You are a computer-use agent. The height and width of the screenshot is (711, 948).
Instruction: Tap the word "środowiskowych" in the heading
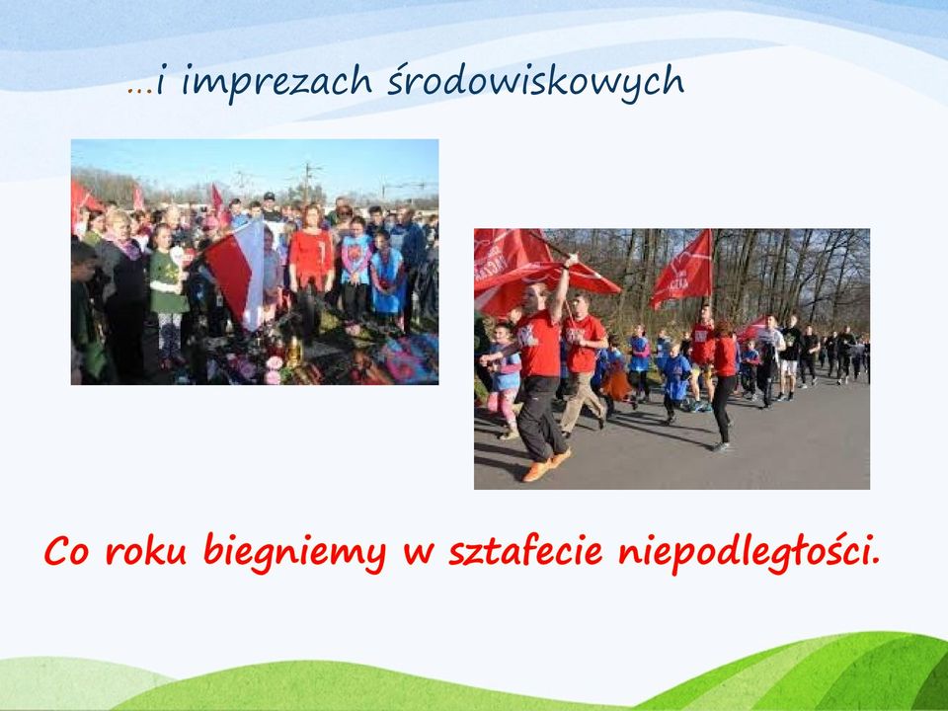pyautogui.click(x=535, y=80)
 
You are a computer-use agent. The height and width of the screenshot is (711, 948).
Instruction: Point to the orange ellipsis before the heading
pyautogui.click(x=139, y=91)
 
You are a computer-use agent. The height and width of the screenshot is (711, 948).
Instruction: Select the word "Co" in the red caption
pyautogui.click(x=66, y=551)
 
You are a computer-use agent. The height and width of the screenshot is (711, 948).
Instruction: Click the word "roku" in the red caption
pyautogui.click(x=146, y=550)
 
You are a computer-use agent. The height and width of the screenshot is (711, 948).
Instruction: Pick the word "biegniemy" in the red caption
pyautogui.click(x=294, y=553)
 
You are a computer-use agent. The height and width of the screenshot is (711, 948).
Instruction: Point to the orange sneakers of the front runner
pyautogui.click(x=546, y=464)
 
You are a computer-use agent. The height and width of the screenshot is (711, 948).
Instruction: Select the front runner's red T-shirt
pyautogui.click(x=539, y=344)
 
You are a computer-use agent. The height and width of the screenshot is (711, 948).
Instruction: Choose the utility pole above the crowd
pyautogui.click(x=308, y=182)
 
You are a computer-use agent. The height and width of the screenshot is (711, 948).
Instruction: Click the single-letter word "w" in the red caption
pyautogui.click(x=418, y=554)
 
